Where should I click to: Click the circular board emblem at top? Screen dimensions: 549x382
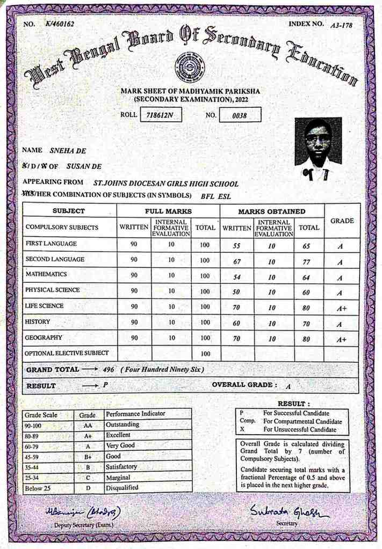[x=190, y=67]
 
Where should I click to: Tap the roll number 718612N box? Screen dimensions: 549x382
[x=161, y=115]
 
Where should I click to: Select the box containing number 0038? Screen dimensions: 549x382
[x=240, y=115]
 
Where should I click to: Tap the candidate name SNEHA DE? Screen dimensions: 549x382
[x=68, y=151]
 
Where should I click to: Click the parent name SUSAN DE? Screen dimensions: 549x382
[x=83, y=166]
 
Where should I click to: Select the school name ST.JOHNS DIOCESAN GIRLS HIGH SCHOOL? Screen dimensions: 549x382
[x=166, y=184]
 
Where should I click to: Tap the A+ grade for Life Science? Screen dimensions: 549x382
[x=341, y=309]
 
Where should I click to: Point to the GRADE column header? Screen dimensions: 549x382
[x=342, y=221]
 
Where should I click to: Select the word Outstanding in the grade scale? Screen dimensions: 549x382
[x=122, y=424]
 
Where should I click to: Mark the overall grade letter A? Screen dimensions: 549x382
[x=288, y=386]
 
